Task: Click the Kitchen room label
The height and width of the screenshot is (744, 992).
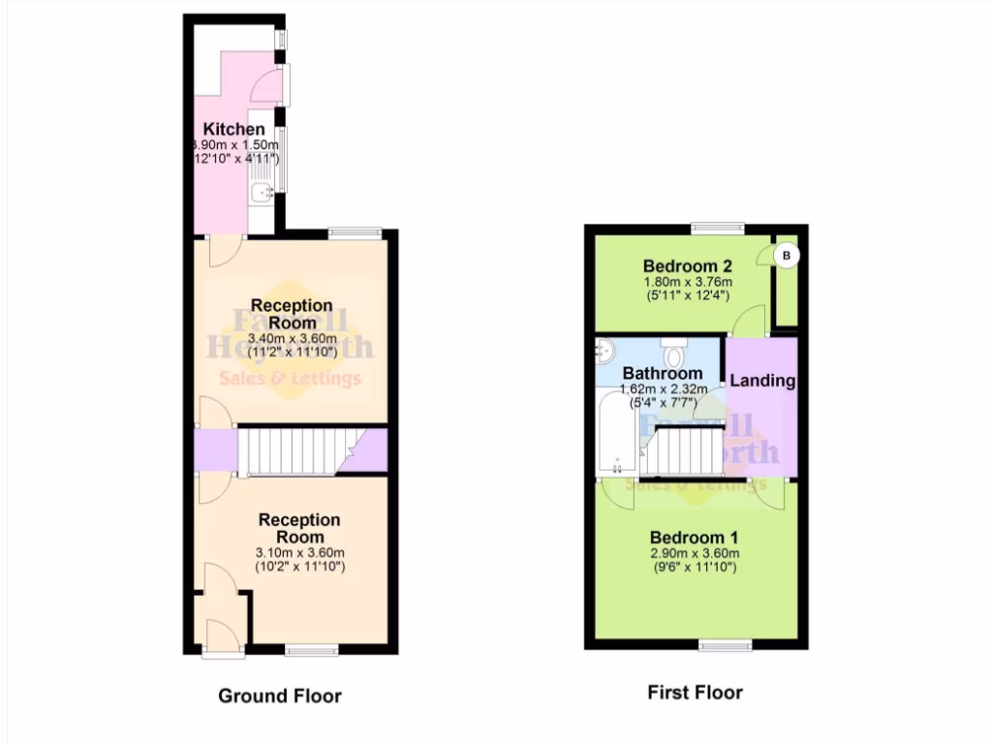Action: click(233, 129)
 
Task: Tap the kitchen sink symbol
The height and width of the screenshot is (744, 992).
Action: click(261, 193)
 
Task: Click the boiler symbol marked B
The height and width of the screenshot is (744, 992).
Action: click(787, 256)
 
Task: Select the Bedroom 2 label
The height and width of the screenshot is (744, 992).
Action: click(687, 265)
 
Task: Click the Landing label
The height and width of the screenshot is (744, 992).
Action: click(761, 381)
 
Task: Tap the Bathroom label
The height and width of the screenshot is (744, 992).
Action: click(662, 373)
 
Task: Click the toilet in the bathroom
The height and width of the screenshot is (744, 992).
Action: click(675, 352)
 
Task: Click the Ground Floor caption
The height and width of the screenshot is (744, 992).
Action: click(279, 696)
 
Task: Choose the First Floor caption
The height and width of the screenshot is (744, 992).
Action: click(695, 693)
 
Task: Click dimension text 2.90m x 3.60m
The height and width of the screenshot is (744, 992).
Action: click(694, 554)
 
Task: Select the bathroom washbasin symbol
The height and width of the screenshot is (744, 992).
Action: click(606, 350)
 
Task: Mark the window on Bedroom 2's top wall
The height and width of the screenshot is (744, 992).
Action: click(718, 230)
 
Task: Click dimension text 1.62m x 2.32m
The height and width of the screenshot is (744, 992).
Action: click(662, 390)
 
